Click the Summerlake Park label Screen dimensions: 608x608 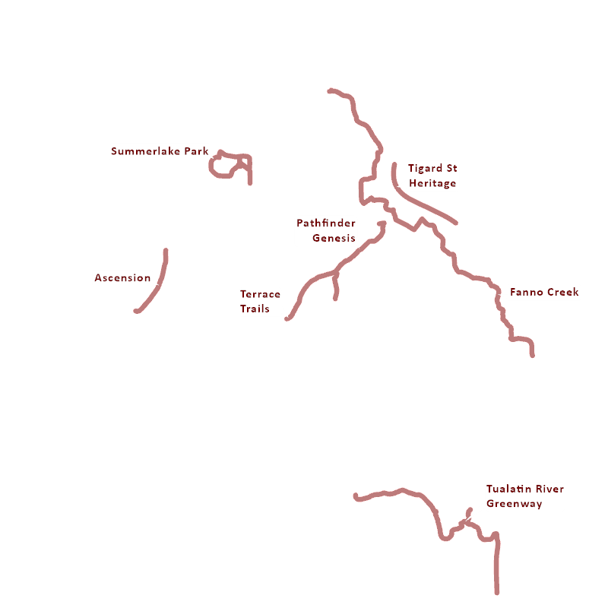click(160, 151)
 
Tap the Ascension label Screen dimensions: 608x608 click(122, 278)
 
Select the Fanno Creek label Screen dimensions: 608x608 click(544, 292)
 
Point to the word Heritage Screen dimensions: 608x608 click(432, 183)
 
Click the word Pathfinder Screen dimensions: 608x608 click(326, 223)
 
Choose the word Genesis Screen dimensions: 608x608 click(334, 238)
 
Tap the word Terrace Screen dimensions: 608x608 click(260, 294)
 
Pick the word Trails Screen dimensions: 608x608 click(255, 309)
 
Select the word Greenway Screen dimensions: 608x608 click(514, 503)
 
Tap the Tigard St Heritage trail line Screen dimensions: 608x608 click(426, 204)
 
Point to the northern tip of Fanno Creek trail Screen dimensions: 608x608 click(330, 90)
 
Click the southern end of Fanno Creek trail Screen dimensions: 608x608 click(532, 355)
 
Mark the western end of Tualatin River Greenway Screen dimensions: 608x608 click(356, 496)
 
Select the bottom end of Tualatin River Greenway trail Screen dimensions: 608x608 click(497, 592)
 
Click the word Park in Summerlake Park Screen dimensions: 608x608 click(197, 151)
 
